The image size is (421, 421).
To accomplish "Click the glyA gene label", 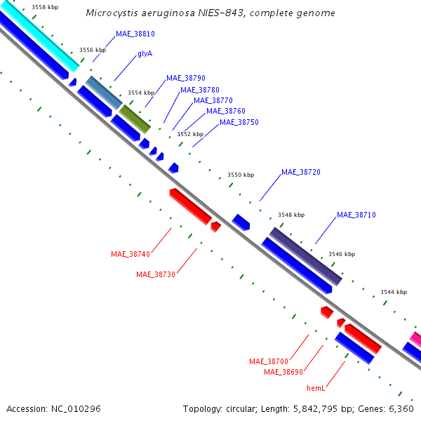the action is coord(145,54).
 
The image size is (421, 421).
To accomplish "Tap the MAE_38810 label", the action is coord(135,34).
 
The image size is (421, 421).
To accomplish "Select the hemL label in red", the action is coord(316,388).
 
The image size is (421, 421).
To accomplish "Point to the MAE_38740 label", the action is coord(131,254).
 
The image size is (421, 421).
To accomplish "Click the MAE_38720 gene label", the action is coord(301,172).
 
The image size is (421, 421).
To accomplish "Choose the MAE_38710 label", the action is coord(356,215).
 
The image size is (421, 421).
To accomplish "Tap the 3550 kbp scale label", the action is coord(241,175).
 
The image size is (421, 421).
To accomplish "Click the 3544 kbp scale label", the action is coord(394,292).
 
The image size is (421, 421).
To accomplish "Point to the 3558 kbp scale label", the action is coord(45,7).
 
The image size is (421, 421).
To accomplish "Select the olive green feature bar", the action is coord(135,119).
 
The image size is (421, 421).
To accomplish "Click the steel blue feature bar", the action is coord(104,93).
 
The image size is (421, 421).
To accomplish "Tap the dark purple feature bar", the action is coord(305,256).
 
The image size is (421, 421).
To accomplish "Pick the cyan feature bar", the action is coord(40,36).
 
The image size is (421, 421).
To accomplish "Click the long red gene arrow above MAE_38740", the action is coord(191,206).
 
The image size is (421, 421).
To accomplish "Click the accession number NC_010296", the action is coord(76,409).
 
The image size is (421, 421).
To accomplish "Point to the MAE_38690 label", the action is coord(283,372).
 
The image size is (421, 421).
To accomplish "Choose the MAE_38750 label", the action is coord(239,122).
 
